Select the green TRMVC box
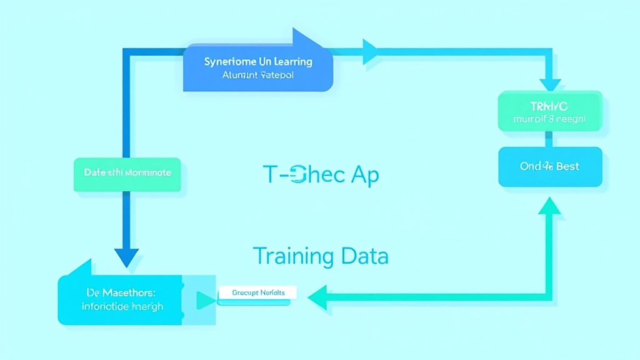click(x=550, y=111)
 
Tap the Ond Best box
click(x=550, y=167)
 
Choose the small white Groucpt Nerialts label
click(x=258, y=292)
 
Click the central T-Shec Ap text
click(x=321, y=176)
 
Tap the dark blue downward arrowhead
click(x=126, y=257)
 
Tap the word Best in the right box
click(x=567, y=166)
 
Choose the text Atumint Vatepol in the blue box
click(x=257, y=76)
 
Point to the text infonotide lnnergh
click(x=122, y=306)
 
